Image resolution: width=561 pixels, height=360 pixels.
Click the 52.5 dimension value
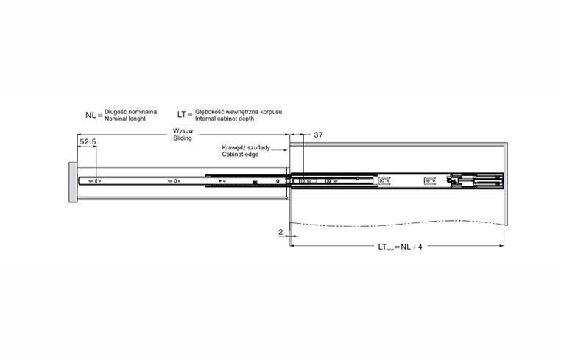(x=88, y=141)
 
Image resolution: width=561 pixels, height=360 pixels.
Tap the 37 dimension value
(x=318, y=135)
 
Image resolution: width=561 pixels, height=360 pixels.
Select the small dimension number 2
(x=280, y=232)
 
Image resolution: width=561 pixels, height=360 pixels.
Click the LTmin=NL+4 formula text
(x=400, y=247)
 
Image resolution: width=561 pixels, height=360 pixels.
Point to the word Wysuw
(x=183, y=130)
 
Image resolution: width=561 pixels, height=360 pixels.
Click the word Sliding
(x=183, y=138)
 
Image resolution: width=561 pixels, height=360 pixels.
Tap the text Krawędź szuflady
(x=246, y=147)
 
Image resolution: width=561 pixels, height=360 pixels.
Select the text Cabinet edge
(x=240, y=155)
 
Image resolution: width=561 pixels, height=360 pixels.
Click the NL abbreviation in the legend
(x=91, y=116)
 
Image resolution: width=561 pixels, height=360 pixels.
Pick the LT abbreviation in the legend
(x=181, y=115)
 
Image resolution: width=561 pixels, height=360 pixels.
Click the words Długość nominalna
(x=130, y=112)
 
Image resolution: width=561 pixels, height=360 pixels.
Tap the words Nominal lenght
(x=125, y=119)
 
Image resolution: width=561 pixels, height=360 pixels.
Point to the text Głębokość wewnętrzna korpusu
(x=239, y=112)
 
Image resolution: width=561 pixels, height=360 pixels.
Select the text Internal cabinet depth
(x=225, y=119)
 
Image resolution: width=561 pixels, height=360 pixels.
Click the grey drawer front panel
(x=73, y=183)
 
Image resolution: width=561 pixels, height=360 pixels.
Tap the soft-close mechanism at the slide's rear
(x=475, y=180)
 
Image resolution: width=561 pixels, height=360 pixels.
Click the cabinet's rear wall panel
(x=506, y=184)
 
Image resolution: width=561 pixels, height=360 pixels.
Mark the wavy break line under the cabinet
(x=396, y=224)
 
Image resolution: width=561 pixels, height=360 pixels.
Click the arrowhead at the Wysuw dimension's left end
(x=79, y=135)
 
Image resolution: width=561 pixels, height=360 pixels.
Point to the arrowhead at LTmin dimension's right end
(x=501, y=246)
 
